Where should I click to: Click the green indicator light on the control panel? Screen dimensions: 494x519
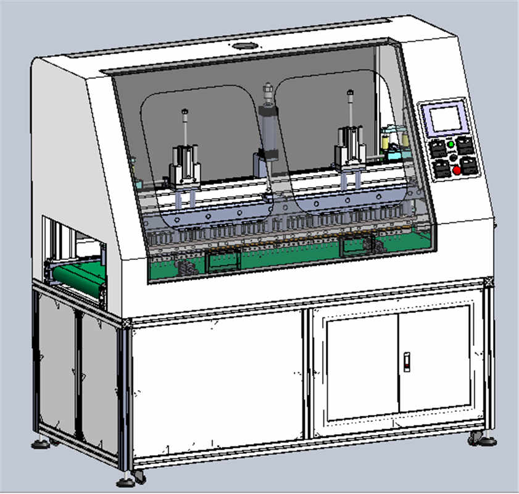450,144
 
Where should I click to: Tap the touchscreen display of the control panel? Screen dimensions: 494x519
446,119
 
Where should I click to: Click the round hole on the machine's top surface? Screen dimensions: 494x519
245,46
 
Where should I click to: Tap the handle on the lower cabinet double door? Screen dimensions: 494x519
407,361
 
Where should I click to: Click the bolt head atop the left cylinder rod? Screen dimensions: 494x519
185,112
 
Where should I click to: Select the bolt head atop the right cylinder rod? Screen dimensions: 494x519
350,93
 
